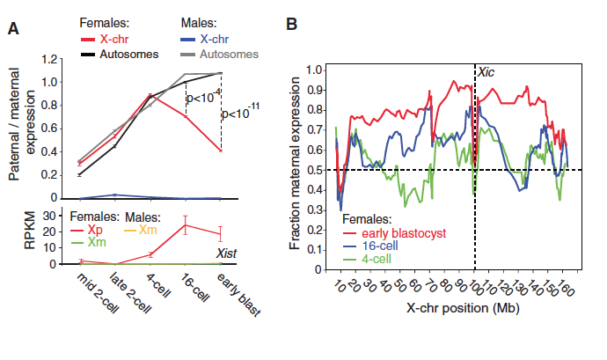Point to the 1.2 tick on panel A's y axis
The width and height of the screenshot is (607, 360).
click(55, 60)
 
